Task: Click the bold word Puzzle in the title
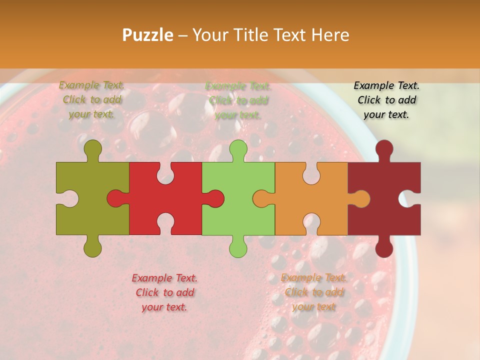coord(148,35)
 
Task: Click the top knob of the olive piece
coord(92,149)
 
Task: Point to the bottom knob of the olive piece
coord(92,247)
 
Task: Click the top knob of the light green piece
coord(238,149)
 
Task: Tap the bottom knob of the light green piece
coord(238,247)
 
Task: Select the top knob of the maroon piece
coord(384,149)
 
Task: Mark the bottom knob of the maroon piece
coord(384,247)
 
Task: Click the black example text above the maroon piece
coord(386,100)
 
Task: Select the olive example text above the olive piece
coord(92,99)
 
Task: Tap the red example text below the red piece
coord(164,292)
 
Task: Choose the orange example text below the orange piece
coord(313,292)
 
